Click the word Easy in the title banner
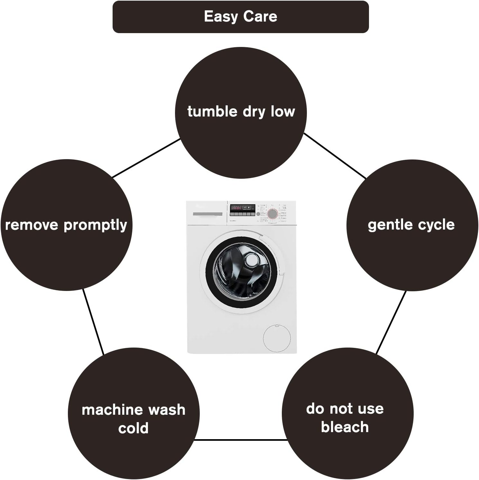pyautogui.click(x=222, y=17)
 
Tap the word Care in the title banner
pyautogui.click(x=260, y=17)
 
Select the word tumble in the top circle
pyautogui.click(x=212, y=112)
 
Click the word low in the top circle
pyautogui.click(x=283, y=112)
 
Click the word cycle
pyautogui.click(x=437, y=225)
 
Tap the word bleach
pyautogui.click(x=345, y=427)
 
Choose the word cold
pyautogui.click(x=133, y=428)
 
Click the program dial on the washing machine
pyautogui.click(x=272, y=213)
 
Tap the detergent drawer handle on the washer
pyautogui.click(x=207, y=214)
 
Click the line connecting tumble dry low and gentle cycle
pyautogui.click(x=335, y=156)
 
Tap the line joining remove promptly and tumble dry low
pyautogui.click(x=146, y=158)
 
